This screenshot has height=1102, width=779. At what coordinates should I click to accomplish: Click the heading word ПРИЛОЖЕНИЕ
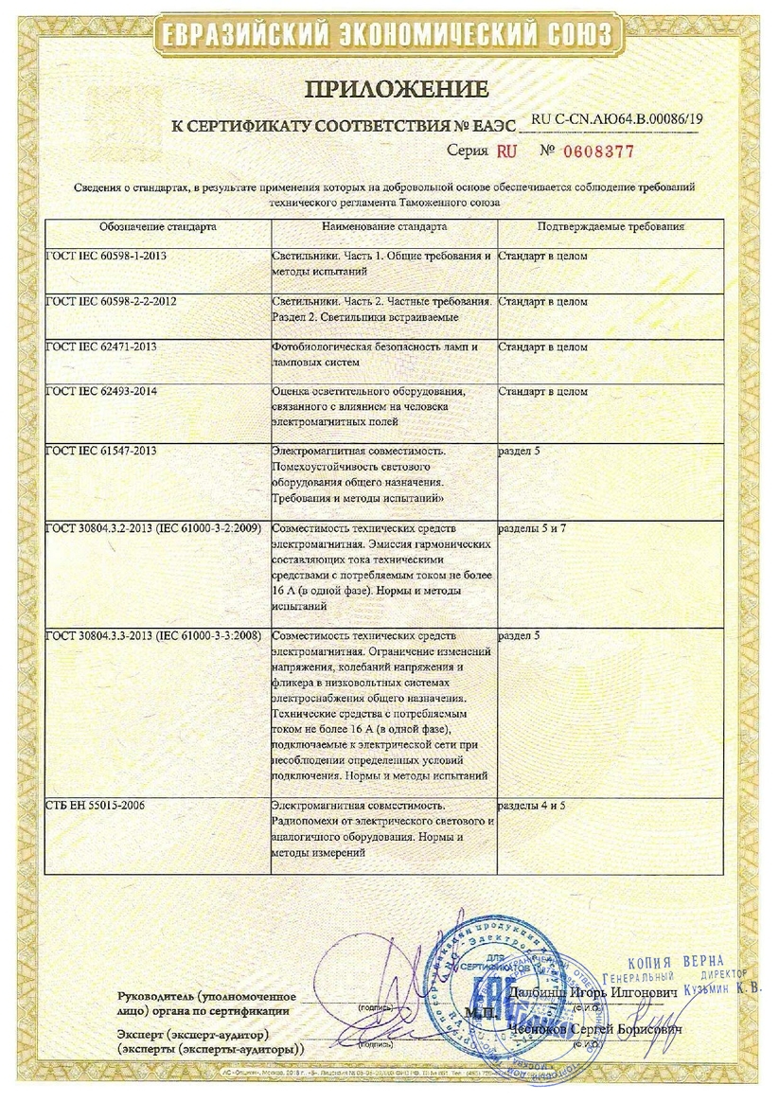pyautogui.click(x=396, y=90)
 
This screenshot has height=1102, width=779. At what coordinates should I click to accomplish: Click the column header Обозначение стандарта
pyautogui.click(x=158, y=228)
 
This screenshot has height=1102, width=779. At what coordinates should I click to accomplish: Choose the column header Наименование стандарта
pyautogui.click(x=383, y=228)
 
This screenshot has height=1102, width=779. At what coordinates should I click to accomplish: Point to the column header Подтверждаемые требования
pyautogui.click(x=611, y=228)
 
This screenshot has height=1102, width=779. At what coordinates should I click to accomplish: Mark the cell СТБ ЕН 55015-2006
pyautogui.click(x=95, y=806)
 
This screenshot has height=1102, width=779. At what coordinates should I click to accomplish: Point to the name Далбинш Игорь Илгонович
pyautogui.click(x=593, y=991)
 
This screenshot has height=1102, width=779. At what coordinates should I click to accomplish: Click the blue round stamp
pyautogui.click(x=483, y=994)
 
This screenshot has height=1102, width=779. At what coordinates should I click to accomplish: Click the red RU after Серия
pyautogui.click(x=507, y=151)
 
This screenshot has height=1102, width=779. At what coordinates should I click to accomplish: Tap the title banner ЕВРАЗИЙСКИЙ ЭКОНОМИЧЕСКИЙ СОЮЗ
pyautogui.click(x=388, y=36)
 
